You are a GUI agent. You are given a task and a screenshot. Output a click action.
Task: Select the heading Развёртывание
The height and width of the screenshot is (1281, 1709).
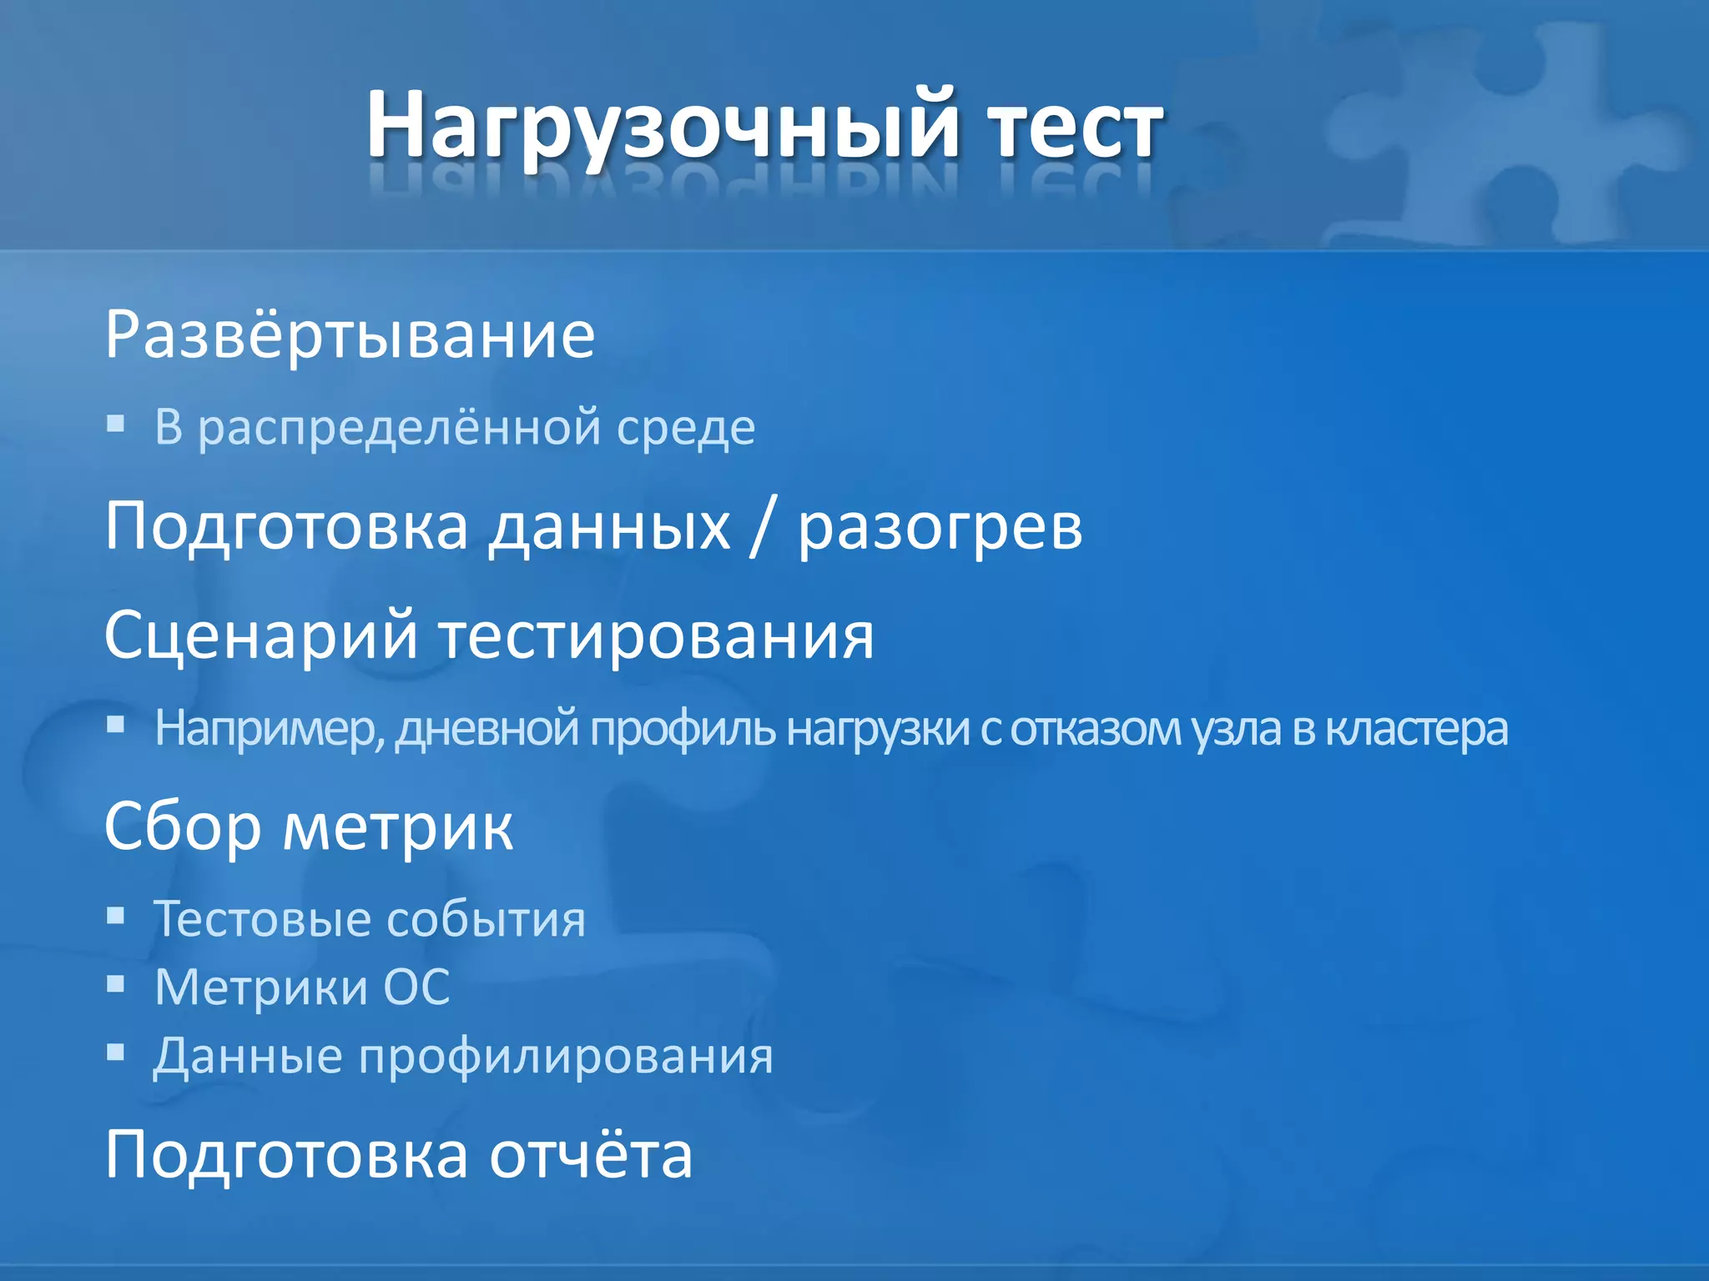pos(350,335)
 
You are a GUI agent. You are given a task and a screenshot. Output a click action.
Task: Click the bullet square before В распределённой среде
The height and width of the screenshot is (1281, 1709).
pos(116,424)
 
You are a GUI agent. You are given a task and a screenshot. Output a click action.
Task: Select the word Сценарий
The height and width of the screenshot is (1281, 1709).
pos(260,635)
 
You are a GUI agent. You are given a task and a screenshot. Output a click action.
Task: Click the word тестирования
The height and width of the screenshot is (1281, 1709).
pos(657,635)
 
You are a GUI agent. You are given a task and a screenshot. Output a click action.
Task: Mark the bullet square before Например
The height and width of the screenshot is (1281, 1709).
pos(116,724)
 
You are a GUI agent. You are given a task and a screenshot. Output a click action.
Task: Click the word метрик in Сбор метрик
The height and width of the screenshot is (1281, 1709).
pos(397,827)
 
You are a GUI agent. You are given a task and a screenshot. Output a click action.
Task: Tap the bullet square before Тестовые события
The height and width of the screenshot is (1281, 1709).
pos(116,917)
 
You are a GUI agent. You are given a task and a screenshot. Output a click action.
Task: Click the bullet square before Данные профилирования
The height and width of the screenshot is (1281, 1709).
pos(116,1052)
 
